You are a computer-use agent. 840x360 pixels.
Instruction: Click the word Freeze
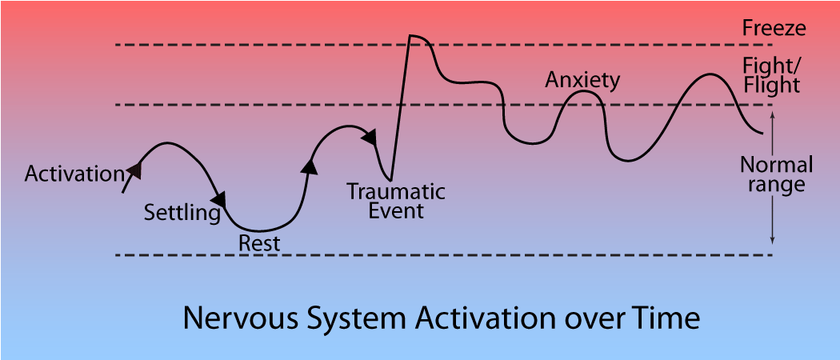(773, 29)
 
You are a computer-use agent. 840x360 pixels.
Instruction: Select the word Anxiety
(582, 80)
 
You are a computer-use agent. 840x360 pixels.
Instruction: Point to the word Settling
(182, 213)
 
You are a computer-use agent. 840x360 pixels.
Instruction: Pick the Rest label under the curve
(260, 243)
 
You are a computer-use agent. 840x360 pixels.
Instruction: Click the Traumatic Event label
(395, 202)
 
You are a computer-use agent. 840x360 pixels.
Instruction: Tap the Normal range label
(776, 174)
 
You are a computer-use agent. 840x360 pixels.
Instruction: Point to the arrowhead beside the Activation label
(135, 169)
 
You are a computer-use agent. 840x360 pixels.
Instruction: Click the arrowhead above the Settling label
(218, 198)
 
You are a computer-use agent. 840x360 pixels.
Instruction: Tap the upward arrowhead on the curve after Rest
(308, 165)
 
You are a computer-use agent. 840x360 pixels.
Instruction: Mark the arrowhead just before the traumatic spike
(370, 138)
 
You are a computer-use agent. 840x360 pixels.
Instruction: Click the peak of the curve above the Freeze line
(411, 36)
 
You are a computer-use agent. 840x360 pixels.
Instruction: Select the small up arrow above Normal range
(772, 116)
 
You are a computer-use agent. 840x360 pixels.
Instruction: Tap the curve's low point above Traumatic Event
(390, 177)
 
